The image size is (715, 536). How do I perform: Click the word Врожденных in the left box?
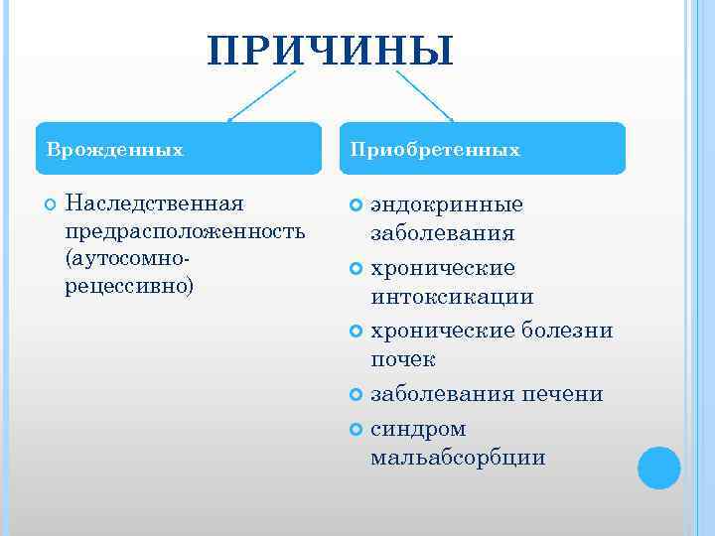tap(115, 150)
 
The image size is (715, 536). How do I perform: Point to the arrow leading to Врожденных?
tap(262, 95)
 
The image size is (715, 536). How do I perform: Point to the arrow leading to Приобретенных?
tap(424, 95)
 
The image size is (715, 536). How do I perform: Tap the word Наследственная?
tap(154, 203)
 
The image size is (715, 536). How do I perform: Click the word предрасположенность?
tap(184, 231)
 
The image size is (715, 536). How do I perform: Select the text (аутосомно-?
tap(127, 258)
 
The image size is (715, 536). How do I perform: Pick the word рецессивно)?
tap(129, 286)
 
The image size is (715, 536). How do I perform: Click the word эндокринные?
tap(447, 204)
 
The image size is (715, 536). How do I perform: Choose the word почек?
tap(402, 359)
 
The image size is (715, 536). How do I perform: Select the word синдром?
tap(418, 429)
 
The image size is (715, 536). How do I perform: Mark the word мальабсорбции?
tap(458, 458)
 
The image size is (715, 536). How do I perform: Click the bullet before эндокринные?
tap(357, 205)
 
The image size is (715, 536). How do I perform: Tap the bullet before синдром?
tap(357, 430)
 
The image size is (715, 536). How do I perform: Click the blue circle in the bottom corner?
tap(658, 468)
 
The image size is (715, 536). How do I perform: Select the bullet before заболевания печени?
tap(357, 395)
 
